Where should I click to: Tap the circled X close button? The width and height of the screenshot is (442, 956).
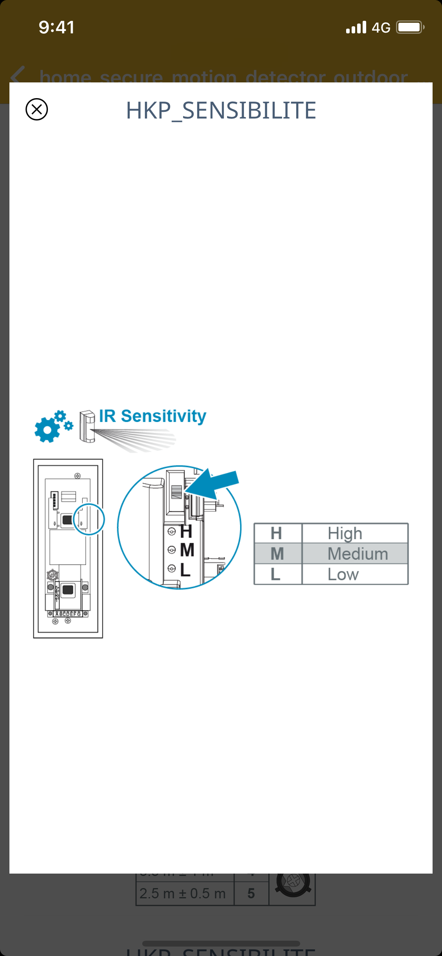[37, 109]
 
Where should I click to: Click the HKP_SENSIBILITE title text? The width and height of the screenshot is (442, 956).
[221, 110]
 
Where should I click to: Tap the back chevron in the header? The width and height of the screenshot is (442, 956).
[18, 75]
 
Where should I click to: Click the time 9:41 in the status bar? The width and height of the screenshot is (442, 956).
[57, 27]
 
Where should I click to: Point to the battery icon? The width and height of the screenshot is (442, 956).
[410, 27]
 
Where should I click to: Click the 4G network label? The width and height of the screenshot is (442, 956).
[381, 28]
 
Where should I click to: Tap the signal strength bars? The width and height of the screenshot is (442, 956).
[356, 27]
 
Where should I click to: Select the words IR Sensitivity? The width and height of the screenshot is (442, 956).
[152, 416]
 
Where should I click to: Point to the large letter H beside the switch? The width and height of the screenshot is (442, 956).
[186, 532]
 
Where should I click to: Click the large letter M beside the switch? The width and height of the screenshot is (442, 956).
[187, 550]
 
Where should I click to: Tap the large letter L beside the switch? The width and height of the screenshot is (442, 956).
[185, 569]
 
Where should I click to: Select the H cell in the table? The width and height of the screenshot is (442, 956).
[276, 533]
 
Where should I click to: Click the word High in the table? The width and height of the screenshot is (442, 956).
[345, 533]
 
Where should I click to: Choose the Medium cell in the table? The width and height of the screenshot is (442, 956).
[358, 554]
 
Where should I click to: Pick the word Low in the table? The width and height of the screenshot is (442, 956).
[343, 575]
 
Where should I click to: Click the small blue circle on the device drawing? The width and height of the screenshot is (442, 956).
[89, 519]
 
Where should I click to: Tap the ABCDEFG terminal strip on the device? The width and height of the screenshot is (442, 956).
[68, 614]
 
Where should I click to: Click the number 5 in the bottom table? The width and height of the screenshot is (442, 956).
[251, 894]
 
